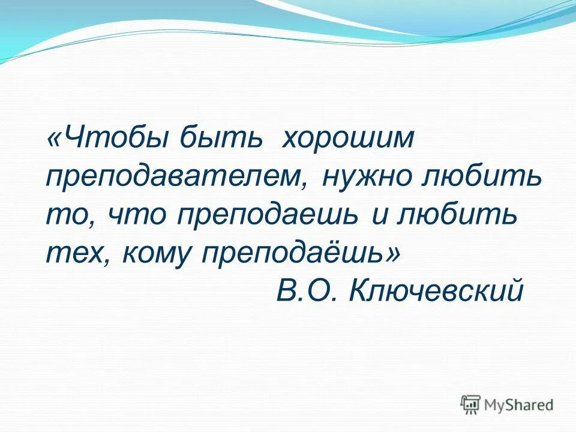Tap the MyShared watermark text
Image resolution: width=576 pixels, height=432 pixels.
pyautogui.click(x=519, y=405)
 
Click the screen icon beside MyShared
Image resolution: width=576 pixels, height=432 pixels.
pyautogui.click(x=471, y=404)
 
